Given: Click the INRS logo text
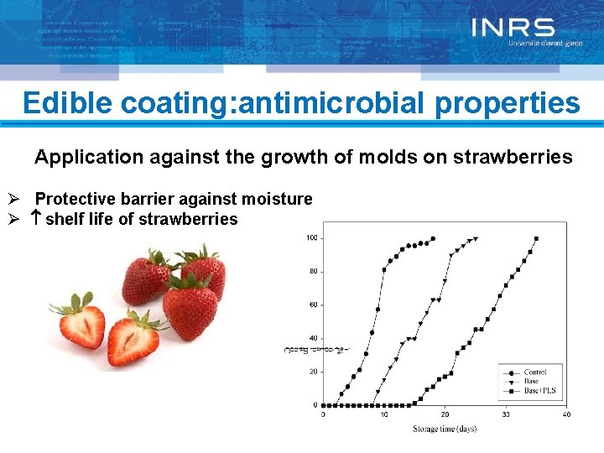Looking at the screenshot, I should click(x=513, y=29).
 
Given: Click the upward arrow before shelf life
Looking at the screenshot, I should click(x=37, y=220).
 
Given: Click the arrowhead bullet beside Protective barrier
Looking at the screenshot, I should click(x=13, y=200).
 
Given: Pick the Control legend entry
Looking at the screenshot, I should click(x=534, y=372).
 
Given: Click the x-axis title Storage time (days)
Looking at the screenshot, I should click(x=444, y=429).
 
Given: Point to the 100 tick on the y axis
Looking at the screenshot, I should click(x=311, y=239).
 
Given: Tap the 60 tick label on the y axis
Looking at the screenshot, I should click(x=313, y=305).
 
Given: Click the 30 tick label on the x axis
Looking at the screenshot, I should click(x=506, y=415).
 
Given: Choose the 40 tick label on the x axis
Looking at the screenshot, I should click(x=566, y=415).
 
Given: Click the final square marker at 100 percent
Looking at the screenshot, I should click(x=536, y=238).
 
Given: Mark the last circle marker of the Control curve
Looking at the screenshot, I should click(x=433, y=238).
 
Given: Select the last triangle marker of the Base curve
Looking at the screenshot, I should click(x=476, y=238).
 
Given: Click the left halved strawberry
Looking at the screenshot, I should click(x=81, y=326).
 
